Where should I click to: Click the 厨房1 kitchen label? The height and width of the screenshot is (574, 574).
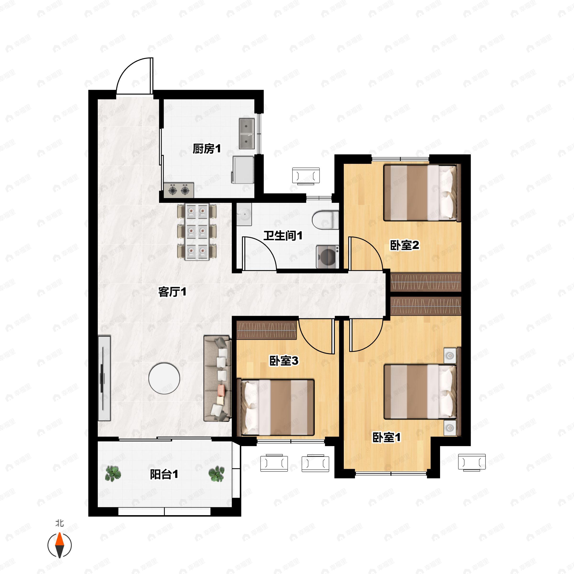click(x=207, y=149)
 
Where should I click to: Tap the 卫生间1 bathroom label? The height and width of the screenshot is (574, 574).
click(x=283, y=236)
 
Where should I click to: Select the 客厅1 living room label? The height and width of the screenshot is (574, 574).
click(x=172, y=292)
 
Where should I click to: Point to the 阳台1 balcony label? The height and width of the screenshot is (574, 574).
click(x=164, y=474)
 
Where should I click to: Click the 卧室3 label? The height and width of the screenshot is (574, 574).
click(x=284, y=361)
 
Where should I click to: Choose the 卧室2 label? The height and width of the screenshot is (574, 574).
click(x=405, y=245)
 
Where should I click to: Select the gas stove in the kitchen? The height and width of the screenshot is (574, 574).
click(x=179, y=190)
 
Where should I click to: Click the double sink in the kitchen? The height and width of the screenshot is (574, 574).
click(x=247, y=134)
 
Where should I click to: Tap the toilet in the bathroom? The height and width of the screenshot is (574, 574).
click(x=325, y=220)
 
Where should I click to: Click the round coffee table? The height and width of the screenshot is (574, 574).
click(x=164, y=378)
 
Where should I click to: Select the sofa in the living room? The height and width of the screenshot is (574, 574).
click(x=217, y=378)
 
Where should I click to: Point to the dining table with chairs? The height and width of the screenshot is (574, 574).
click(x=197, y=232)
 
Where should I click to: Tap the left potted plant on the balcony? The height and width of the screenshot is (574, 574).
click(x=113, y=473)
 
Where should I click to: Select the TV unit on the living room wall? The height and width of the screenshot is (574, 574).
click(x=104, y=378)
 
